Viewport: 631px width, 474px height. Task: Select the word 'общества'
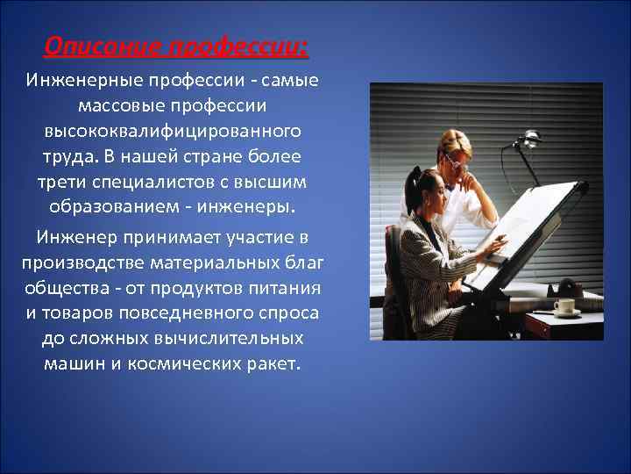click(x=60, y=288)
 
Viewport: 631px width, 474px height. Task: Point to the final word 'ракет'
click(x=273, y=363)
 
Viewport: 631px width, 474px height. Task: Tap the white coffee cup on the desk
click(x=565, y=306)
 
